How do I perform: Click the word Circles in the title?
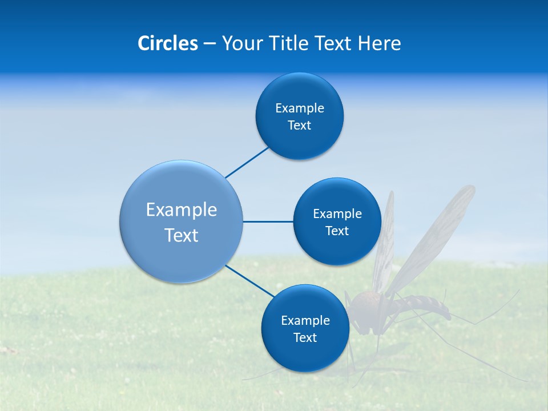[167, 43]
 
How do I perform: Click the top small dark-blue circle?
[299, 91]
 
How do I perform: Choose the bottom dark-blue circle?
[305, 354]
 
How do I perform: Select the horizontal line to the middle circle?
[268, 221]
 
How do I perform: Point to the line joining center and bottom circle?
[249, 281]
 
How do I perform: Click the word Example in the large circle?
[182, 210]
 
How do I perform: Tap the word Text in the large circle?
[182, 235]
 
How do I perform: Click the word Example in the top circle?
[299, 108]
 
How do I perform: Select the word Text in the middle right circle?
[337, 231]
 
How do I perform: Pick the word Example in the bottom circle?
[305, 320]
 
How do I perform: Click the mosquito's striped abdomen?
[425, 305]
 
